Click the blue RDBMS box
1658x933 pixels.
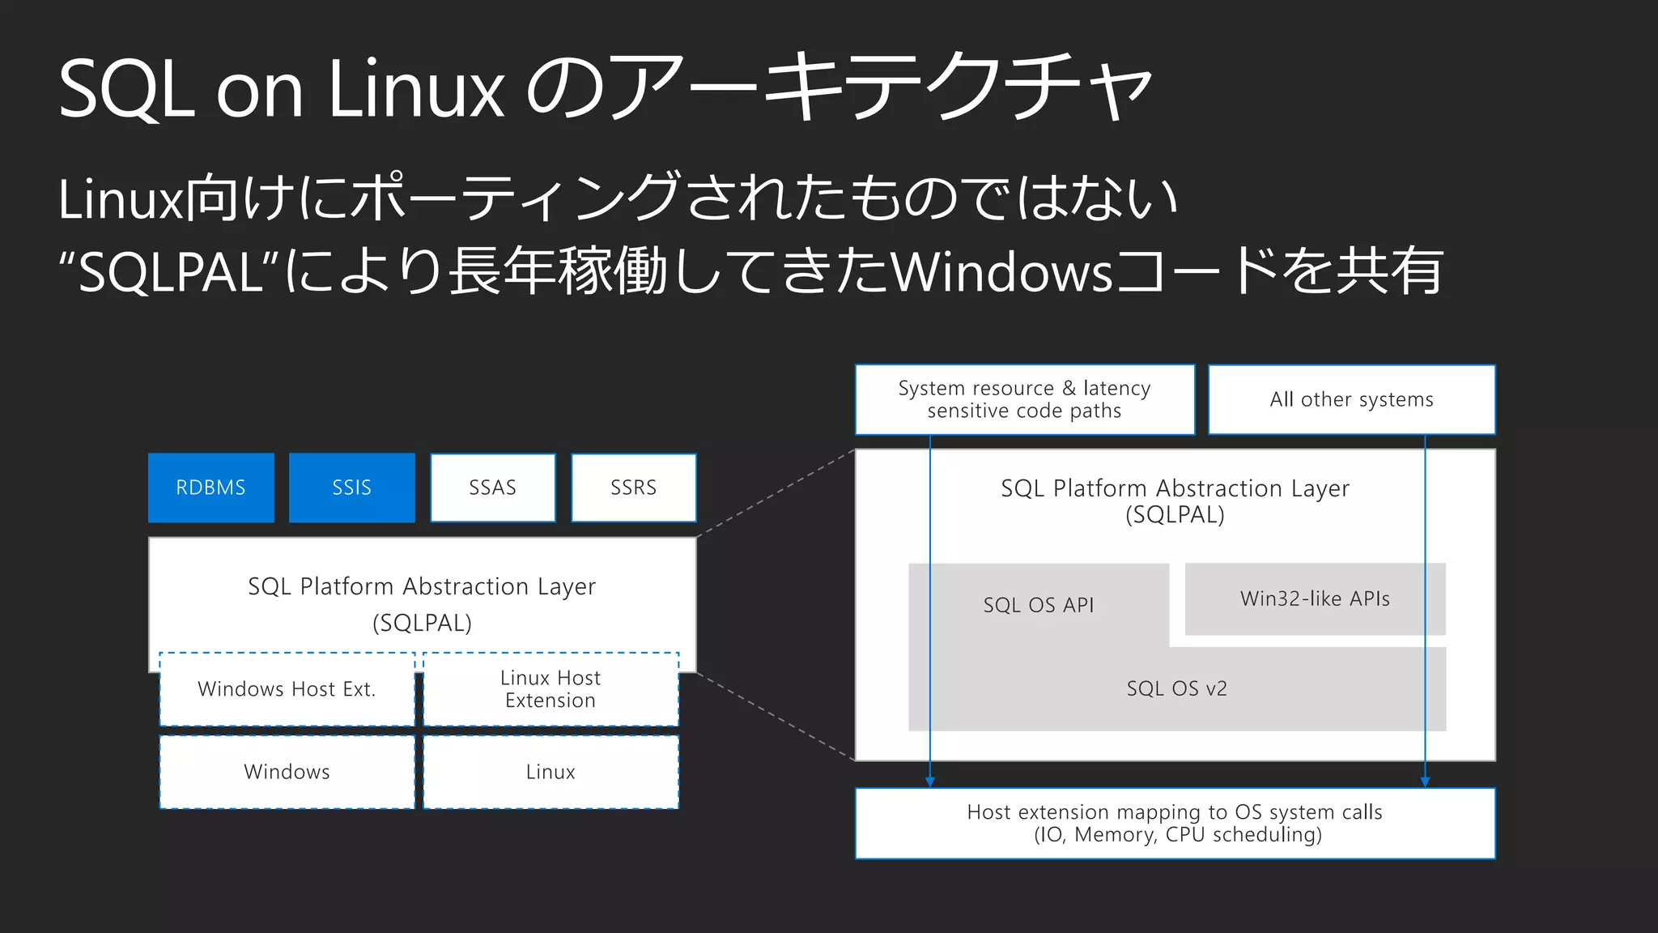(210, 488)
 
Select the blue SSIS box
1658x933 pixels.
(351, 488)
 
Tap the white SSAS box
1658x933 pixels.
(492, 488)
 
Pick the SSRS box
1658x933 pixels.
(633, 488)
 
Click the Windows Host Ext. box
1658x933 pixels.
(287, 689)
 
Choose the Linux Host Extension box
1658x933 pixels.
(551, 689)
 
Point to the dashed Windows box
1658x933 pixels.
(287, 772)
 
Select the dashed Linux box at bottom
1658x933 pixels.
(551, 772)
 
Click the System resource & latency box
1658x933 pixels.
(1024, 399)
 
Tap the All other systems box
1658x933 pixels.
(1351, 399)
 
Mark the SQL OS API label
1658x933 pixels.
(1038, 605)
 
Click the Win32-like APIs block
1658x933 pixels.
(1315, 599)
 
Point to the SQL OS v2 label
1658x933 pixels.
(1176, 688)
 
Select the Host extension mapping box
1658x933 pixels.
(1175, 823)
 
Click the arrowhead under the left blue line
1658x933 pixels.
(930, 781)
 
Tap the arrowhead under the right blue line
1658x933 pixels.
(1425, 781)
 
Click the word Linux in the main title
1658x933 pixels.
(416, 89)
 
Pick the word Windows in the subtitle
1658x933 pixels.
(1002, 272)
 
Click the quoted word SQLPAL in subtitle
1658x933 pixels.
(171, 272)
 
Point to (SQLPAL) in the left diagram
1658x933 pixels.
(422, 623)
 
